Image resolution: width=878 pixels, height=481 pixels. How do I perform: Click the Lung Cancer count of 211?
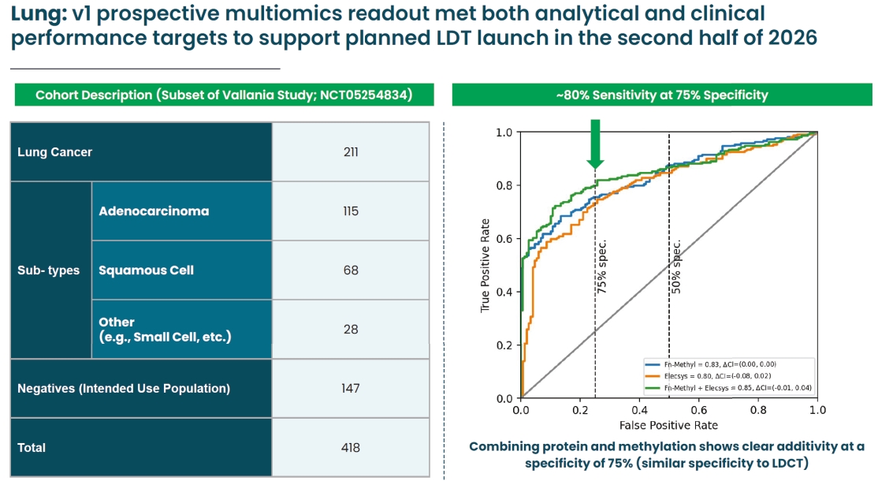[x=351, y=151]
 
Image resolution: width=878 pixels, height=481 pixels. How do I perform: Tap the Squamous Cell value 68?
[x=351, y=270]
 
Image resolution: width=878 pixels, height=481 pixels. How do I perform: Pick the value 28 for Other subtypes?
[x=351, y=329]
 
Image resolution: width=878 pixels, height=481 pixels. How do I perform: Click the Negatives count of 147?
[x=351, y=388]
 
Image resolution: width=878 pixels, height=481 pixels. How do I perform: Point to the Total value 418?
[x=351, y=447]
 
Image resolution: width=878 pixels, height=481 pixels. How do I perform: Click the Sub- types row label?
[x=48, y=270]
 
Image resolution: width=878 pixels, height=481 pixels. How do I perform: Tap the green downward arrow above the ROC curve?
[x=595, y=144]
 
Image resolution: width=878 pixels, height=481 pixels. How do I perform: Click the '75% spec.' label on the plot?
[x=602, y=267]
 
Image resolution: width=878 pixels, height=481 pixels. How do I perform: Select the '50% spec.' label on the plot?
[x=676, y=267]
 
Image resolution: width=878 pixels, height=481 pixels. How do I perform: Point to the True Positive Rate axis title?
[x=486, y=265]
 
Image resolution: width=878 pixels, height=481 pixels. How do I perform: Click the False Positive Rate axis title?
[x=669, y=426]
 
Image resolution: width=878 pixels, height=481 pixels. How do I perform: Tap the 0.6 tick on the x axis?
[x=698, y=411]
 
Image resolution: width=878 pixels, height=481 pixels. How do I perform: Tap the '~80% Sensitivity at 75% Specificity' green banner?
[x=661, y=95]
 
